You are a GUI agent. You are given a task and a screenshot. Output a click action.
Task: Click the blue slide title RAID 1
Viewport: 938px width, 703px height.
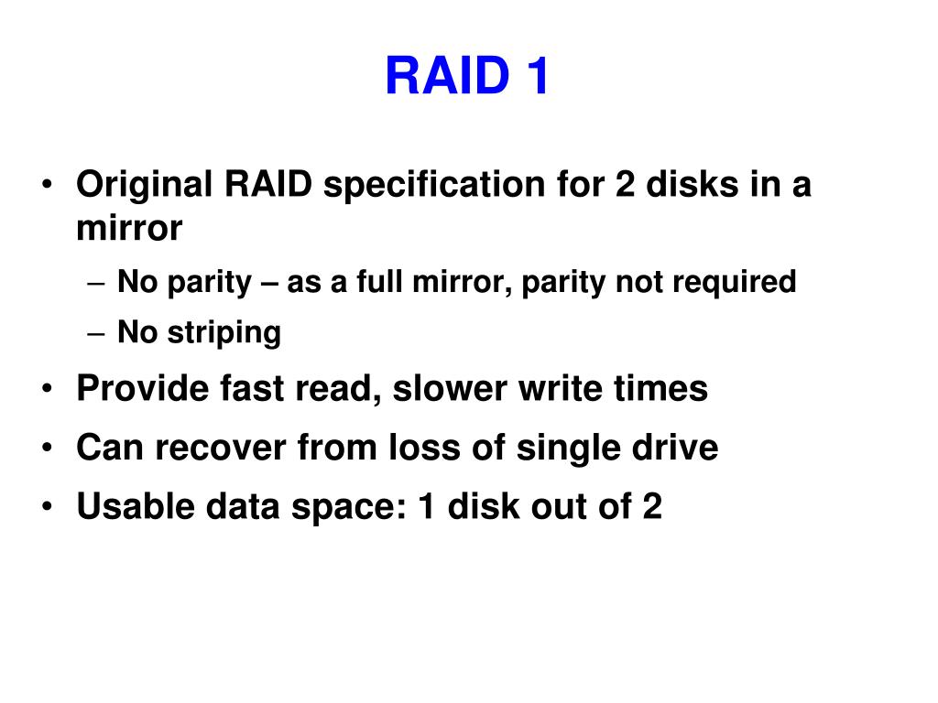tap(467, 75)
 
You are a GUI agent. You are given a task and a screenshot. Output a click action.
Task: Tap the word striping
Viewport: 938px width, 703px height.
tap(224, 332)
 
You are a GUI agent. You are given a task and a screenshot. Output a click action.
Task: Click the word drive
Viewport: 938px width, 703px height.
tap(675, 449)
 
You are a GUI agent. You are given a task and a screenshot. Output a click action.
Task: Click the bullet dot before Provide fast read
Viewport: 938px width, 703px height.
tap(47, 390)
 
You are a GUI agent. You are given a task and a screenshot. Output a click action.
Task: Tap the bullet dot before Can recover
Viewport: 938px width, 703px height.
tap(47, 449)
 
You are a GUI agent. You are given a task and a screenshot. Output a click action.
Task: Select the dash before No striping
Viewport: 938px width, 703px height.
tap(100, 333)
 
